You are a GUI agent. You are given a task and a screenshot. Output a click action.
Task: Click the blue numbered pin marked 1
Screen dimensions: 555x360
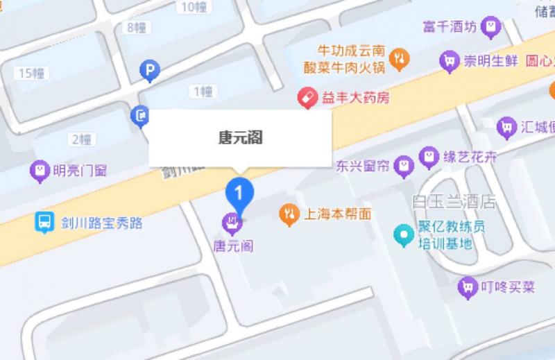(240, 191)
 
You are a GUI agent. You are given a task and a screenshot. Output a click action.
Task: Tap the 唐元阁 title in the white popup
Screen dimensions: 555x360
(240, 137)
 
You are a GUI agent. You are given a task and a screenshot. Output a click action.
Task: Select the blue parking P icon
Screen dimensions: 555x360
(149, 69)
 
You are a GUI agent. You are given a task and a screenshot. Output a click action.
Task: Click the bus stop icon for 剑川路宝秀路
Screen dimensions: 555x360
(44, 223)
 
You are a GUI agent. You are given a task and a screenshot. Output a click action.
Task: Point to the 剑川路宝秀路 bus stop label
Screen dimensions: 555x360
(101, 223)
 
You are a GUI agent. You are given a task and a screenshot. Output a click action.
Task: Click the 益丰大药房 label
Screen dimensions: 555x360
(355, 98)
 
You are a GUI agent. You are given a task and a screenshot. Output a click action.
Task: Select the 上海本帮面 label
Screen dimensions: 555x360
(338, 214)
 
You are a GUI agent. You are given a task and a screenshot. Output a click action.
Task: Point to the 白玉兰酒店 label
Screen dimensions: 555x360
(454, 202)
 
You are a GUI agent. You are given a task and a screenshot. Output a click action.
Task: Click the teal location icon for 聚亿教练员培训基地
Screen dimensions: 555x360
(403, 234)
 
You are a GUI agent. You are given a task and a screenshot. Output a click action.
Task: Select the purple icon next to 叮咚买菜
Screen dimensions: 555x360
(469, 286)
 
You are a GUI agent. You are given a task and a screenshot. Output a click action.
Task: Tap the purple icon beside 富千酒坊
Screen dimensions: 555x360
(492, 27)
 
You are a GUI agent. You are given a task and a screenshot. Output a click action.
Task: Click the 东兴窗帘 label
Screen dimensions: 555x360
(361, 166)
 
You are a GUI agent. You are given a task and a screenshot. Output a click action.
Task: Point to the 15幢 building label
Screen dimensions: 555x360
(32, 73)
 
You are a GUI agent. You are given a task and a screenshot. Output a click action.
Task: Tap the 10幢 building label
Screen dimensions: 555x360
(191, 8)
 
